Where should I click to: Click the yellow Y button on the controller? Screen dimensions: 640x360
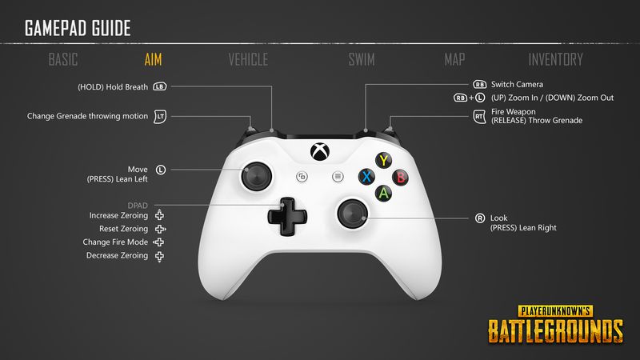tap(384, 161)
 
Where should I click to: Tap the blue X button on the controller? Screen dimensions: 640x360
tap(366, 177)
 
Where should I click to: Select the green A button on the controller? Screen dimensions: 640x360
tap(384, 193)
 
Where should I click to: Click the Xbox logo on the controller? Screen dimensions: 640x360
tap(320, 151)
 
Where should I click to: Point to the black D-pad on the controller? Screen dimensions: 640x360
tap(287, 216)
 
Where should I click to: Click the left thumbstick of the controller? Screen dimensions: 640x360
tap(257, 177)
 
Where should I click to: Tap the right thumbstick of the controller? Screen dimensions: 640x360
tap(353, 213)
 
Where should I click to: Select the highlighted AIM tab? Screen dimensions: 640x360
tap(153, 59)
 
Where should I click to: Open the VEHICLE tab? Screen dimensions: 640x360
tap(248, 59)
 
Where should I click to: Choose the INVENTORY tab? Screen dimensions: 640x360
tap(555, 59)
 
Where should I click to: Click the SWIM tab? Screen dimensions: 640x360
tap(362, 59)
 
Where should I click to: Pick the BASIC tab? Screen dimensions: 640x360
tap(63, 59)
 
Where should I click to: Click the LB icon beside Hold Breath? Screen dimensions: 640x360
tap(159, 86)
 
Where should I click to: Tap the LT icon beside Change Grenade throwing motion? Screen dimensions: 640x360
tap(160, 116)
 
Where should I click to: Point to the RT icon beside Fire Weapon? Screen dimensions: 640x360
tap(479, 116)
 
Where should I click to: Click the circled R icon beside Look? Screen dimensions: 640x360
tap(480, 218)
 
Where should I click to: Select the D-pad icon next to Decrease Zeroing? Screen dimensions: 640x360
tap(159, 256)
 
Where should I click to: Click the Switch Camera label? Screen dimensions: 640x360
tap(517, 85)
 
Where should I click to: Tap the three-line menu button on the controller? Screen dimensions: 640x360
tap(338, 177)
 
